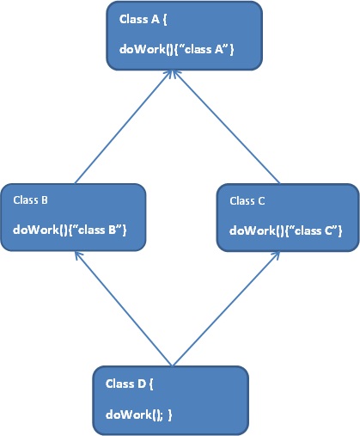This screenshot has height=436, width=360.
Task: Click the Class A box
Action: pyautogui.click(x=185, y=36)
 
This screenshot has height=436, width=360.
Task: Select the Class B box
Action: pyautogui.click(x=73, y=218)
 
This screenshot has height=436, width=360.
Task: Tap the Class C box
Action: pyautogui.click(x=288, y=218)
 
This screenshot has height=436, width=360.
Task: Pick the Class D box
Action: pyautogui.click(x=171, y=401)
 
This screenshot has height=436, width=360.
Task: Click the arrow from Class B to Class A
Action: pyautogui.click(x=123, y=126)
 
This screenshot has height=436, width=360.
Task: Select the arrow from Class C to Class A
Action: pyautogui.click(x=226, y=126)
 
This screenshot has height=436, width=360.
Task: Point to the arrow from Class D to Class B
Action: pyautogui.click(x=123, y=309)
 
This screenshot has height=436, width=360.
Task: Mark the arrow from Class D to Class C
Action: pyautogui.click(x=226, y=309)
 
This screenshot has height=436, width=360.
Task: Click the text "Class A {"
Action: pyautogui.click(x=143, y=20)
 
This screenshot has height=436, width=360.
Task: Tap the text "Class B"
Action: pyautogui.click(x=30, y=200)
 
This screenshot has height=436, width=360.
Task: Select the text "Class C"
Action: pyautogui.click(x=247, y=201)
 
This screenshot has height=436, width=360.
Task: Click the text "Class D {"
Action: pyautogui.click(x=130, y=384)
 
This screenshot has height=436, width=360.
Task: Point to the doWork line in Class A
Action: pyautogui.click(x=177, y=49)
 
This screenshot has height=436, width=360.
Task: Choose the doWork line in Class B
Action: pyautogui.click(x=70, y=230)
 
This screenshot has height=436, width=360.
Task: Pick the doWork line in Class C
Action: pyautogui.click(x=286, y=230)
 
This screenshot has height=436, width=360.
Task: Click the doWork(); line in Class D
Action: pyautogui.click(x=139, y=415)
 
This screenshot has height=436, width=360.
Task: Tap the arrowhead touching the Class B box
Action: pyautogui.click(x=77, y=255)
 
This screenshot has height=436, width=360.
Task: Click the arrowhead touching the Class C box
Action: pyautogui.click(x=276, y=255)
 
